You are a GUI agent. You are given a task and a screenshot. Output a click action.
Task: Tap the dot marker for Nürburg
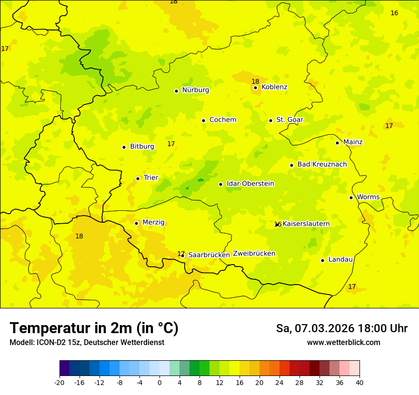click(x=176, y=91)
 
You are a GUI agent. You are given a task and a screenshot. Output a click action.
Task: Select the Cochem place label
click(x=223, y=120)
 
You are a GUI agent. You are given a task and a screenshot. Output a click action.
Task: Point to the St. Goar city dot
click(x=270, y=120)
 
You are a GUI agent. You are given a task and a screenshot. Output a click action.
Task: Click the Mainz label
click(x=353, y=142)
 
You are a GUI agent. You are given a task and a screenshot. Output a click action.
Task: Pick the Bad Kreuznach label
click(x=322, y=164)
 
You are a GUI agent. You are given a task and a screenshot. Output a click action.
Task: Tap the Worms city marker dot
click(x=351, y=197)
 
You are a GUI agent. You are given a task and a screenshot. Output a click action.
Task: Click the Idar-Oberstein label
click(x=250, y=184)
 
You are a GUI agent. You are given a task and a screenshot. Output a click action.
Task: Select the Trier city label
click(x=150, y=178)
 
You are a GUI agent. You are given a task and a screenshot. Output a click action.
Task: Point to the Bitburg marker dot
click(x=124, y=147)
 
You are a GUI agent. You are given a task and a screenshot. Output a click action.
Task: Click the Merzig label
click(x=153, y=222)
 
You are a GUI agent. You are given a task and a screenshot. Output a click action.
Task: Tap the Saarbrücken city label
click(x=209, y=255)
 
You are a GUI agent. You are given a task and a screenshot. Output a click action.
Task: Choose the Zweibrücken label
click(x=254, y=254)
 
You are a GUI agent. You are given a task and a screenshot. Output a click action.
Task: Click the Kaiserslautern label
click(x=306, y=224)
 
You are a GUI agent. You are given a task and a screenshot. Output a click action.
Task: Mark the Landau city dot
click(x=322, y=260)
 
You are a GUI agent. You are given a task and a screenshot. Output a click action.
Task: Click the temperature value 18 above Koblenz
click(x=255, y=81)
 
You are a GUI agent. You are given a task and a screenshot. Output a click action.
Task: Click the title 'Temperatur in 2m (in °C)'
click(x=94, y=328)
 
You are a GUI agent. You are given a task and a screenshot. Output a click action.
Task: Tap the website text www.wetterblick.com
click(x=343, y=343)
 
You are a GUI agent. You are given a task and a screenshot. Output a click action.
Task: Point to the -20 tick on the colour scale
click(x=60, y=383)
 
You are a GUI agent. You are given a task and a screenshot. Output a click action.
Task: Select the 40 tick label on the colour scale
click(x=359, y=383)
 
